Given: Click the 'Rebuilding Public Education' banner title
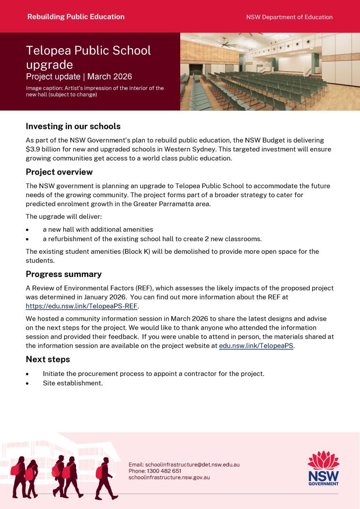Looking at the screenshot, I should (76, 17).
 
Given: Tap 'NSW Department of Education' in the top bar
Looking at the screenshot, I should (289, 17).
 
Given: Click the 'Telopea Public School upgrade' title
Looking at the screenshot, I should (89, 57).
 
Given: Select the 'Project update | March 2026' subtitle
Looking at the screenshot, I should (79, 76).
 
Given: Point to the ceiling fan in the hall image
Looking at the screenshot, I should (228, 44).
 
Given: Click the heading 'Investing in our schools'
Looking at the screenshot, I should (73, 126).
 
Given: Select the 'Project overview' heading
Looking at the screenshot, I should (59, 172).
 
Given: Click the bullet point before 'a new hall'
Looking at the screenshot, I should (27, 230).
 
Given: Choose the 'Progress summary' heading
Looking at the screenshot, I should (64, 274).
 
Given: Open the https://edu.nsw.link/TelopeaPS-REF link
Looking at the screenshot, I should (81, 306).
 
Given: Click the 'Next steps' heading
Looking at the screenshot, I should (48, 359).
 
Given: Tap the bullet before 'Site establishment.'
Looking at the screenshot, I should (27, 383).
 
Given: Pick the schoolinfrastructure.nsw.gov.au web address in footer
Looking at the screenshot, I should (169, 477).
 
